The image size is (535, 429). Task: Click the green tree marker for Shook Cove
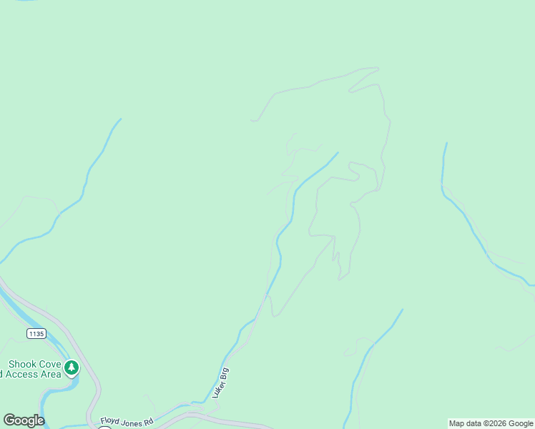(71, 368)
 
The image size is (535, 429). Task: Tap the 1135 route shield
(36, 333)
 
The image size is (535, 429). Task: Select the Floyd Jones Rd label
(127, 422)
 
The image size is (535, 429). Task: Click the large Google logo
(24, 420)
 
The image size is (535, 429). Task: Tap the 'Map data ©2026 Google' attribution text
(491, 423)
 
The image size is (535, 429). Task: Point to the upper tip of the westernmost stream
(120, 119)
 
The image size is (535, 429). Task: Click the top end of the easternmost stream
(446, 143)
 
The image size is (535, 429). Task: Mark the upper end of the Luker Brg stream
(338, 152)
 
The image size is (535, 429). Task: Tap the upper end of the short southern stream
(402, 310)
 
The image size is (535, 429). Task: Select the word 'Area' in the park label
(51, 374)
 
